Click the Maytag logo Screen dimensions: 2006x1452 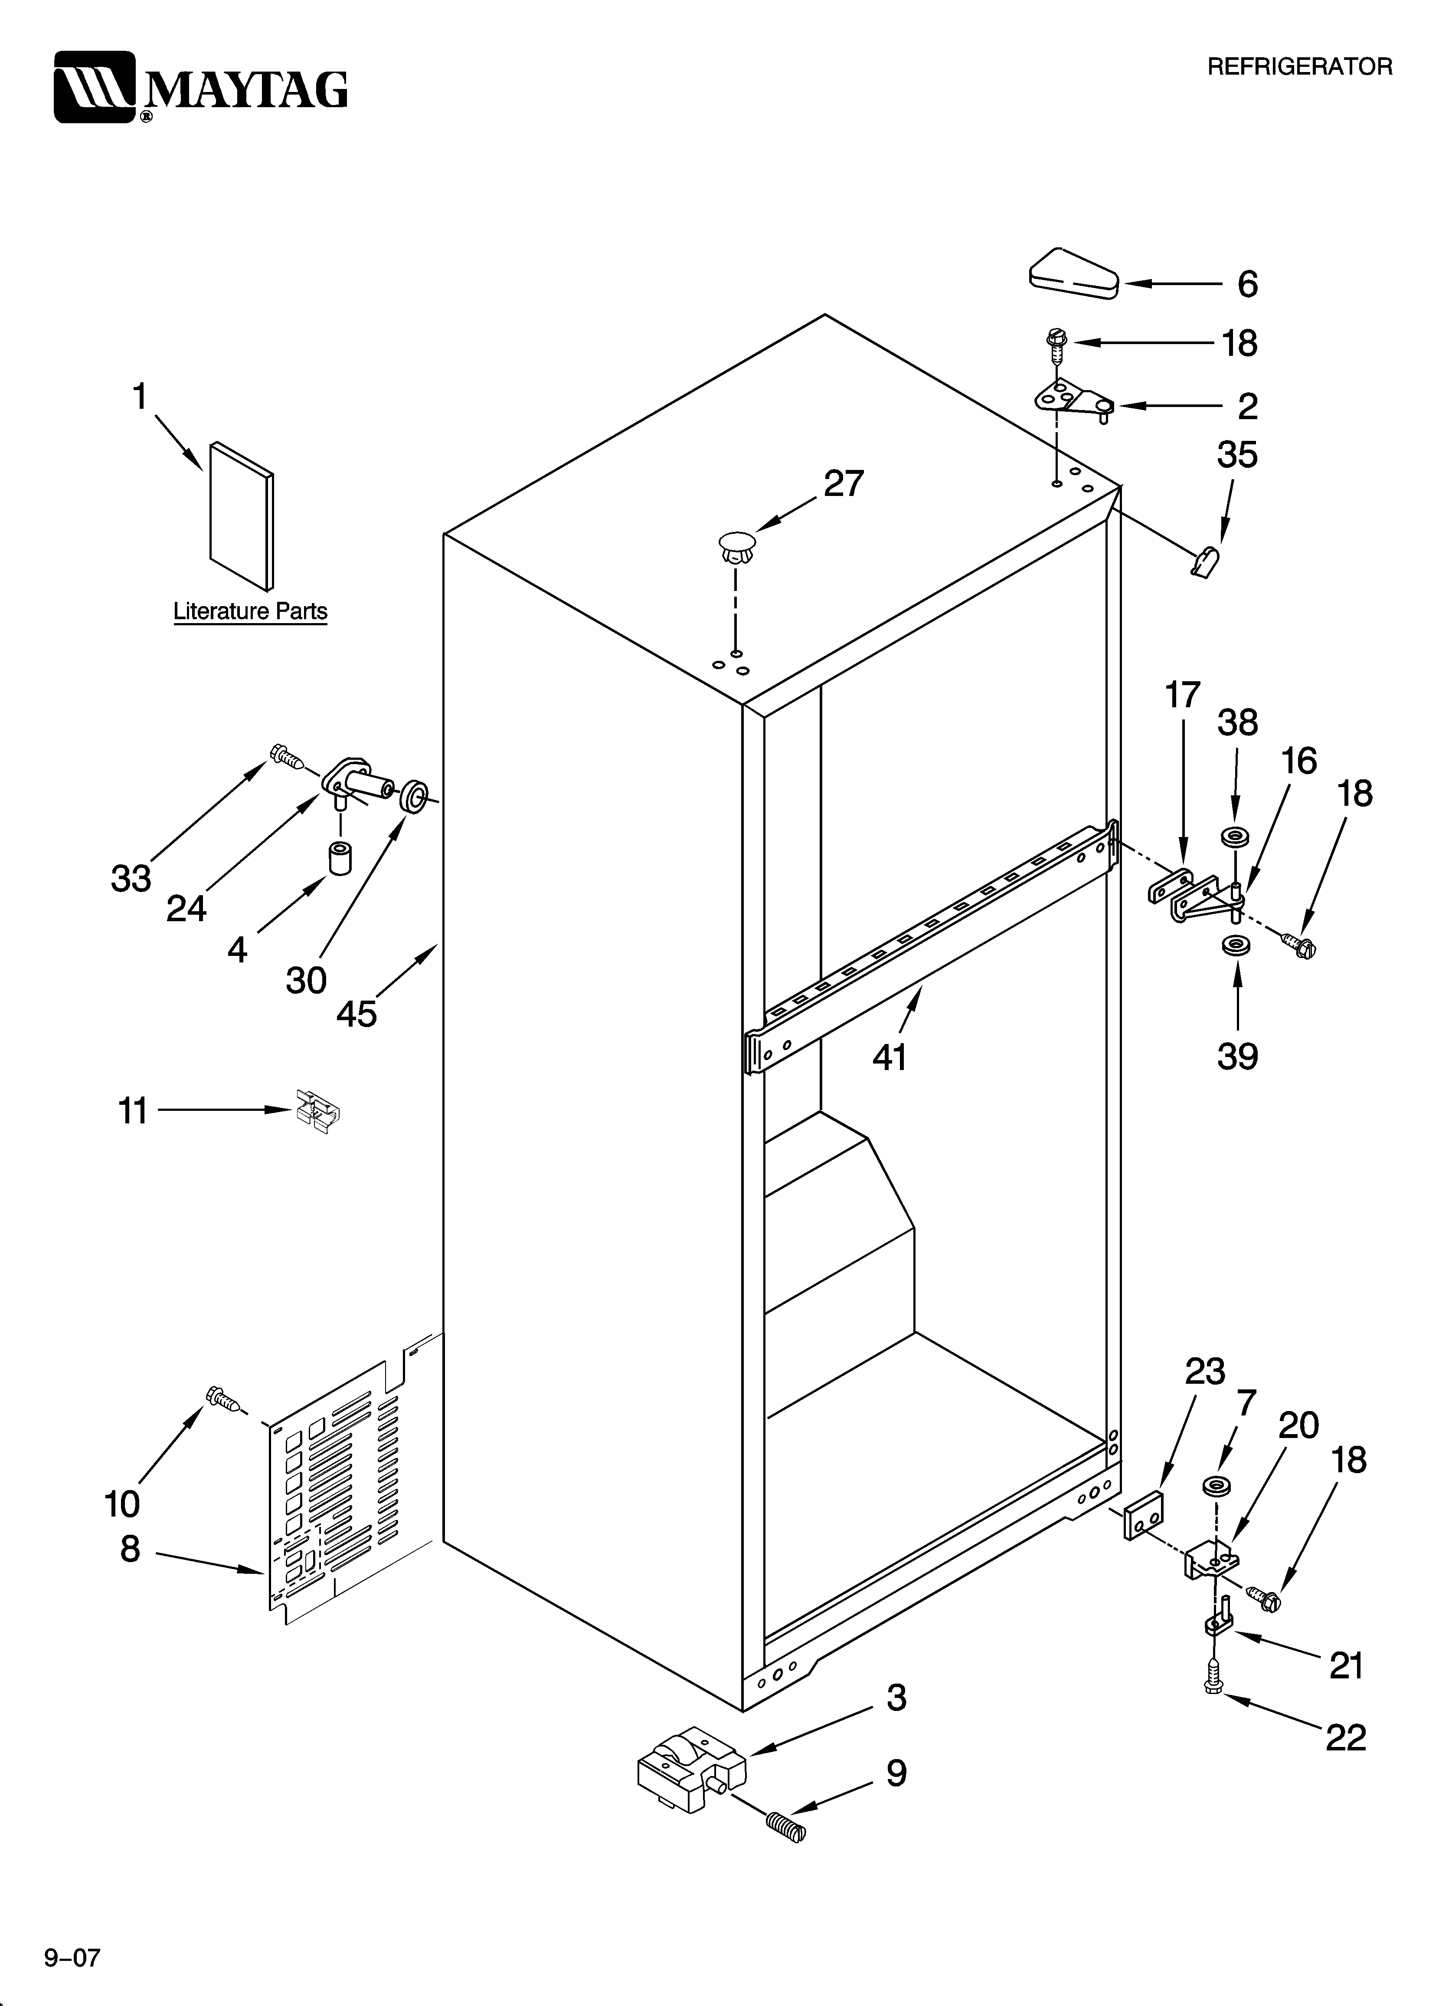point(201,87)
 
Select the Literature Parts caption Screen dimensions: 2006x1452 point(250,611)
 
